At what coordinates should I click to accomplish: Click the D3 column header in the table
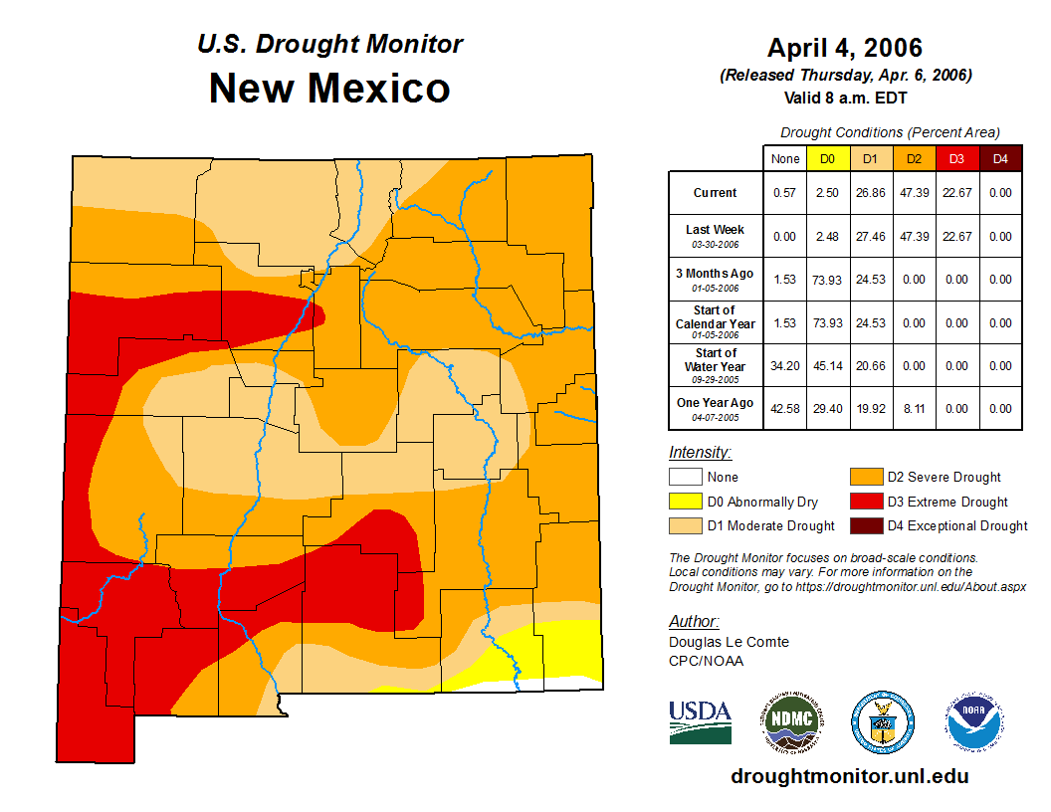click(956, 158)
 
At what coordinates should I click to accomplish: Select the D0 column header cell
click(827, 158)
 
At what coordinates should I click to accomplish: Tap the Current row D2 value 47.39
click(914, 193)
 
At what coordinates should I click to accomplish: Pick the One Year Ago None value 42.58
click(785, 409)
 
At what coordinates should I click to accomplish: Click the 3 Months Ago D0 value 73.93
click(827, 280)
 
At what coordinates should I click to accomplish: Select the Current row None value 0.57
click(785, 193)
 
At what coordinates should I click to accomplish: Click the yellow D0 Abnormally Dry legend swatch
click(685, 502)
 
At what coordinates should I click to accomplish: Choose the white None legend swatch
click(685, 478)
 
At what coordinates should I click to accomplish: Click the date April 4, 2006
click(845, 48)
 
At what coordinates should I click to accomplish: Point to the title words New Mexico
click(329, 89)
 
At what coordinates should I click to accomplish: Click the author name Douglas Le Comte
click(729, 642)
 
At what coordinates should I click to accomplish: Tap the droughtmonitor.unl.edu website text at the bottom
click(849, 776)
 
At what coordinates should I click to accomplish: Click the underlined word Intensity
click(700, 453)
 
